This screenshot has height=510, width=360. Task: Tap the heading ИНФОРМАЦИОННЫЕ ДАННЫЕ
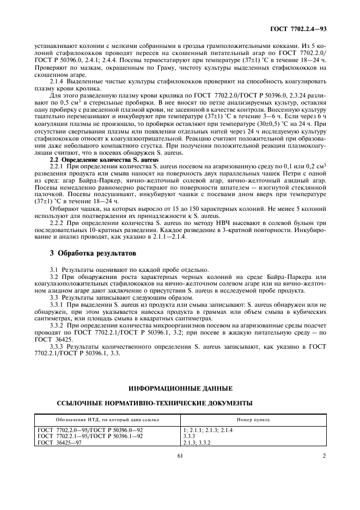click(180, 388)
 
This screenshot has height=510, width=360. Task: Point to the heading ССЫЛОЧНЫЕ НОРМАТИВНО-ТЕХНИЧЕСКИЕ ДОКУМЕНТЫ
click(155, 403)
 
